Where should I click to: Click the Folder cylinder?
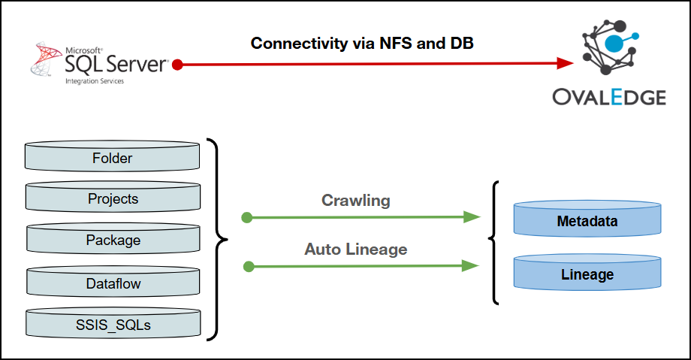click(113, 159)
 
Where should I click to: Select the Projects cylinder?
click(113, 199)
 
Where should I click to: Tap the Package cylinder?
click(113, 241)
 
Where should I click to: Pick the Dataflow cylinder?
click(113, 283)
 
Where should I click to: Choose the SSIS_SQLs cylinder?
click(113, 325)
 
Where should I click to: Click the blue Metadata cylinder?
click(587, 221)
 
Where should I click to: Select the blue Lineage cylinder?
click(587, 274)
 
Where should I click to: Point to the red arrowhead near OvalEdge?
click(564, 65)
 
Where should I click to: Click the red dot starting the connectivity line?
click(177, 65)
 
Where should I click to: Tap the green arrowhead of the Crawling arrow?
click(472, 217)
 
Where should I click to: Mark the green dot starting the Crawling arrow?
click(246, 217)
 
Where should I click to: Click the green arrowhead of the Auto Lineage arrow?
click(471, 265)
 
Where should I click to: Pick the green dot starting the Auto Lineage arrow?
click(249, 265)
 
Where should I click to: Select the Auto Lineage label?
click(355, 248)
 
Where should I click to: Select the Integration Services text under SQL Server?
click(93, 80)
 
